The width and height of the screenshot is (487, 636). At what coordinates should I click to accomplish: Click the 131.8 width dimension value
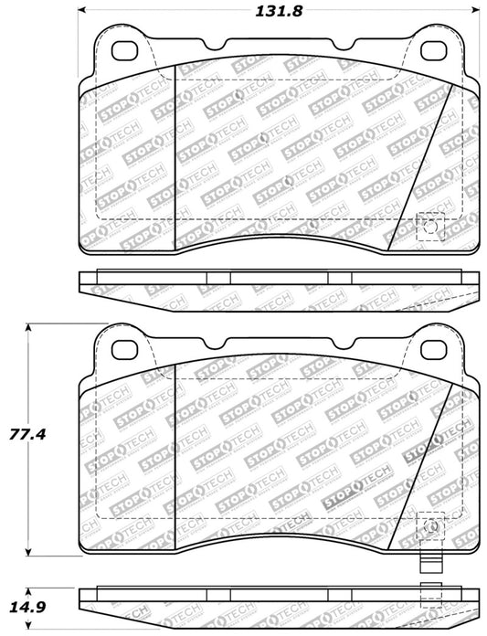pos(269,11)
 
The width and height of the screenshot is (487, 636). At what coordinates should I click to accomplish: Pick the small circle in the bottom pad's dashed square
pos(430,525)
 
